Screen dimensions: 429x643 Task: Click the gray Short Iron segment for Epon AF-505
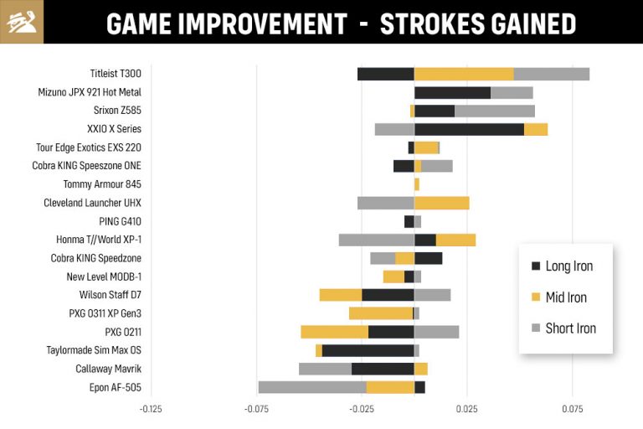311,387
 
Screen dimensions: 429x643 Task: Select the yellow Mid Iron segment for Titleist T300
464,74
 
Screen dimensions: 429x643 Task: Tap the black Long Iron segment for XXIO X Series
469,129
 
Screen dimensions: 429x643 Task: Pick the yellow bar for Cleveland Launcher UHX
441,203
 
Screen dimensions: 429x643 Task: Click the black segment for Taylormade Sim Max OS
368,350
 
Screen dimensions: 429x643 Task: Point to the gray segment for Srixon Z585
494,111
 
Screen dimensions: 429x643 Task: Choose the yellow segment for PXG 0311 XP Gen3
381,313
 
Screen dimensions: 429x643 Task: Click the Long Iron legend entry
568,266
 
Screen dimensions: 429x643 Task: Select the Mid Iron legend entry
565,297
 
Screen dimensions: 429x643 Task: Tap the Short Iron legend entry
569,328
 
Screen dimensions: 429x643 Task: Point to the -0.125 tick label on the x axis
151,410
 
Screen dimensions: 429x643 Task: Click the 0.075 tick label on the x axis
573,410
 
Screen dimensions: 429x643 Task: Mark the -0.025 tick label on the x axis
362,410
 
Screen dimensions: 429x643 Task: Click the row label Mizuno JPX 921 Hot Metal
90,92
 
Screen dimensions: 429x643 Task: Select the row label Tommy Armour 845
102,184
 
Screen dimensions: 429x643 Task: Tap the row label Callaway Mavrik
108,369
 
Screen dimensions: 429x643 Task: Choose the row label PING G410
120,221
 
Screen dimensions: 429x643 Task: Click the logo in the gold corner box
21,22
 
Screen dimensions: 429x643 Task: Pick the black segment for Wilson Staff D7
388,295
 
